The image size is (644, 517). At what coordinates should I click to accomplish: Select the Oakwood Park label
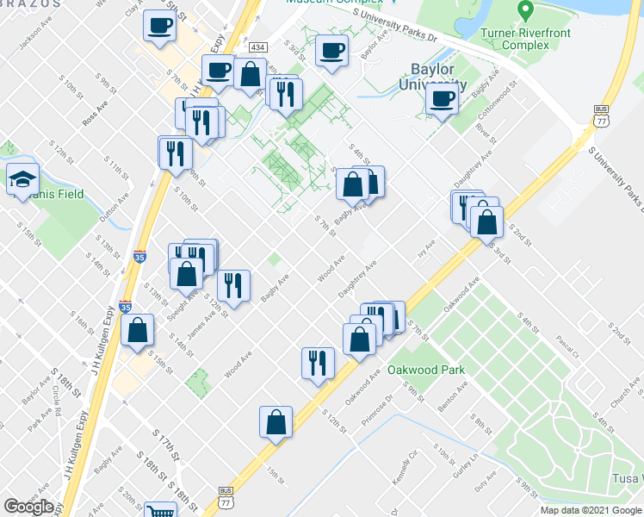426,370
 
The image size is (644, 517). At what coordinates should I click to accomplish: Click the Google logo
28,507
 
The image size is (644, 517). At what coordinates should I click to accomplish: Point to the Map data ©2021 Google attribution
591,510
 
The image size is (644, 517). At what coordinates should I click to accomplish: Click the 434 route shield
257,47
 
